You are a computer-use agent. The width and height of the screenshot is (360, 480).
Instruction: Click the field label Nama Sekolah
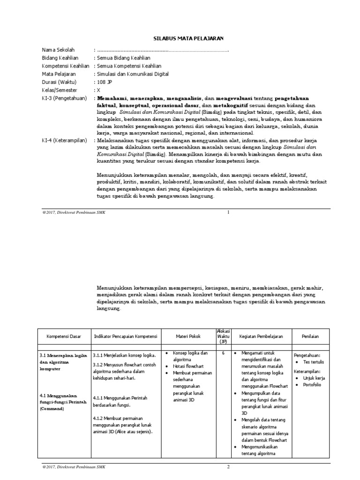pos(58,50)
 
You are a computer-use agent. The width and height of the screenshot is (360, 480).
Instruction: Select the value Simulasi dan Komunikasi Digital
pos(132,74)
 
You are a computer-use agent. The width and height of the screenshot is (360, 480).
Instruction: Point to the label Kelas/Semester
pos(60,90)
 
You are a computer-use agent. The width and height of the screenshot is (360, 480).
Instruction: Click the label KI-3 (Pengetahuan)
pos(65,98)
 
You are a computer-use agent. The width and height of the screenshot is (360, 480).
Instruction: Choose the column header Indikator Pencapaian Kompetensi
pos(126,337)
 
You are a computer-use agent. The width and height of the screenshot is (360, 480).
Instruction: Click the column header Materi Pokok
pos(188,337)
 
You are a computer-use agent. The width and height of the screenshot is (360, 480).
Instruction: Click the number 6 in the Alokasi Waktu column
pos(223,352)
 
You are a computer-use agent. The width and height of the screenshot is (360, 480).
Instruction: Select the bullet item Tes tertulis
pos(314,362)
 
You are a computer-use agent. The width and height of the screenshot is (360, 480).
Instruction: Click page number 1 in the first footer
pos(228,213)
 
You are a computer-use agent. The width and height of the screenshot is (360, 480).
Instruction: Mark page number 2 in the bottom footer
pos(228,467)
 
